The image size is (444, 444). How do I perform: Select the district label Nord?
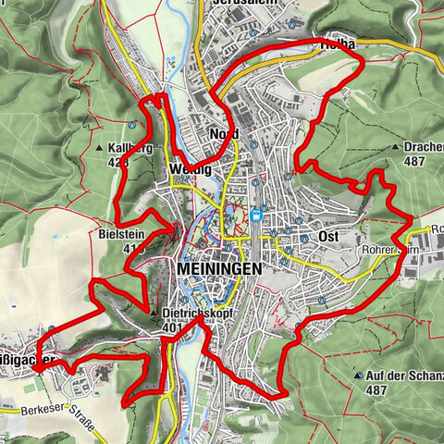(x=224, y=134)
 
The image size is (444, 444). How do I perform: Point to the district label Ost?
(x=327, y=237)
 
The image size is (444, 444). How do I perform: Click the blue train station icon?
(x=255, y=216)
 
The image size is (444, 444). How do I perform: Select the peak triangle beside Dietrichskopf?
(x=154, y=314)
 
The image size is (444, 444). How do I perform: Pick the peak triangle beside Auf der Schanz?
(x=359, y=376)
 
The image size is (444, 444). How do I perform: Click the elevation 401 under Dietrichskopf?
(x=173, y=327)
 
